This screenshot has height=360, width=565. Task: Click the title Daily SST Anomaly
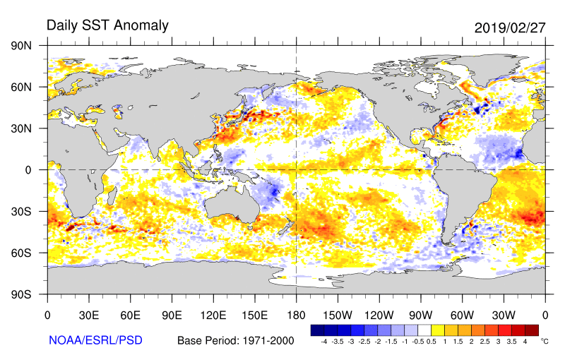pyautogui.click(x=107, y=26)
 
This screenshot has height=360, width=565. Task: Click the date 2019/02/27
pyautogui.click(x=509, y=28)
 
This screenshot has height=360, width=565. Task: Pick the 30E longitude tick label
pyautogui.click(x=88, y=315)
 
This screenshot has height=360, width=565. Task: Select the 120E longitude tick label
pyautogui.click(x=213, y=315)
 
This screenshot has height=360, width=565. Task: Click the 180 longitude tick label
pyautogui.click(x=296, y=315)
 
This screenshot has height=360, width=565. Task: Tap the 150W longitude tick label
pyautogui.click(x=338, y=315)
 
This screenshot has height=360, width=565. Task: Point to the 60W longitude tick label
pyautogui.click(x=462, y=315)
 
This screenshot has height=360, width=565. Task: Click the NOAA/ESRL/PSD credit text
pyautogui.click(x=95, y=340)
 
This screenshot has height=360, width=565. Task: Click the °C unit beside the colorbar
pyautogui.click(x=545, y=341)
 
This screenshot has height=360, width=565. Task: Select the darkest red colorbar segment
pyautogui.click(x=532, y=330)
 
